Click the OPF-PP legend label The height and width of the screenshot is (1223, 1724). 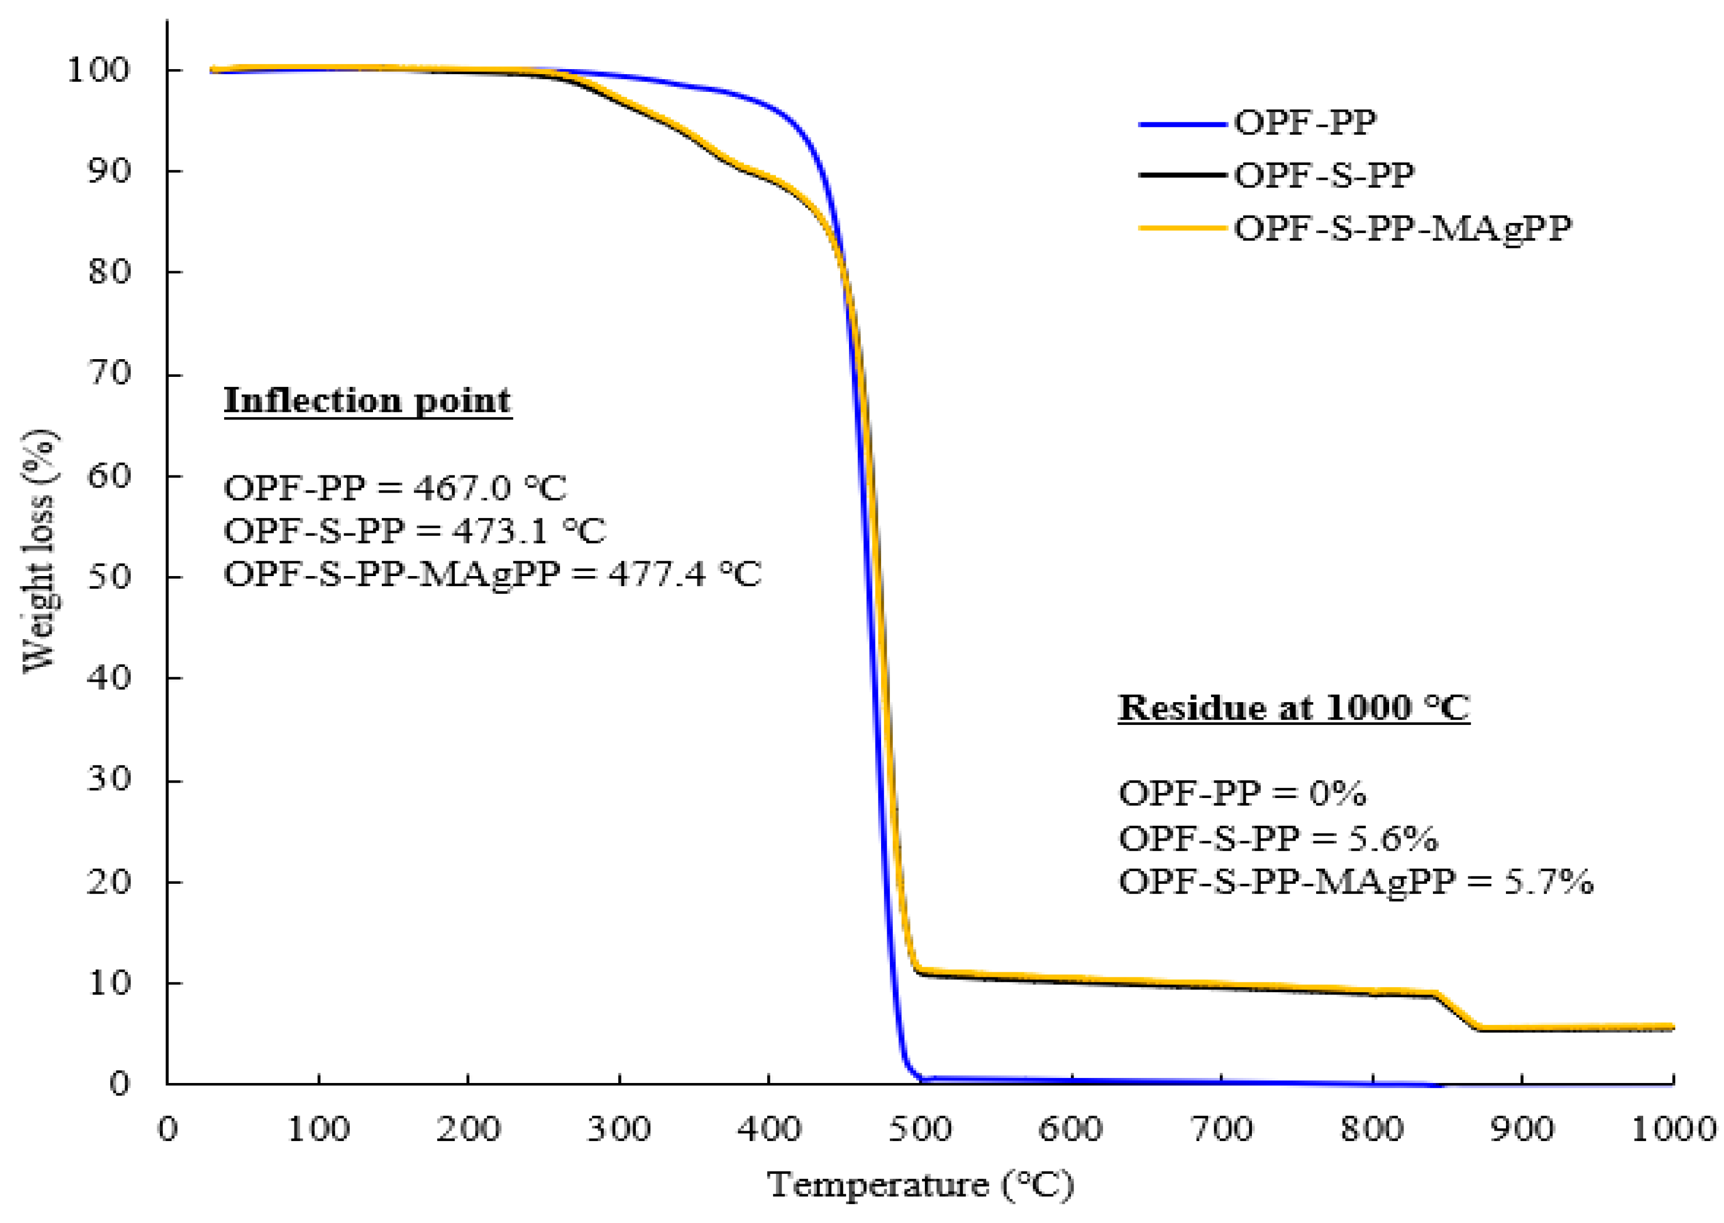coord(1304,122)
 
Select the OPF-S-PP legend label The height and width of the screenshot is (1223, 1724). coord(1324,175)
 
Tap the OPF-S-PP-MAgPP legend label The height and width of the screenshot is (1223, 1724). coord(1402,227)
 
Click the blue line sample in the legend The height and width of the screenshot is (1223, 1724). coord(1183,123)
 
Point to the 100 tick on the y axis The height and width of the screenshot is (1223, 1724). coord(99,70)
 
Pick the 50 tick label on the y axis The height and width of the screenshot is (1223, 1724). coord(109,576)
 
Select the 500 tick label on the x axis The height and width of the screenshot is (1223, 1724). coord(920,1129)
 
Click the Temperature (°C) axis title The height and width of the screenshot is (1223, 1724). coord(920,1185)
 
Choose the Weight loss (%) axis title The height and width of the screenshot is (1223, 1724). coord(39,551)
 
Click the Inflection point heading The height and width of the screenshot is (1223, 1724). coord(367,400)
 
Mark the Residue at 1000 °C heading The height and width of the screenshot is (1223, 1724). coord(1293,707)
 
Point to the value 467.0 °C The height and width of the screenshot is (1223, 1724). coord(490,488)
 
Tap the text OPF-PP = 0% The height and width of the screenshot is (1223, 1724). coord(1242,793)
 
